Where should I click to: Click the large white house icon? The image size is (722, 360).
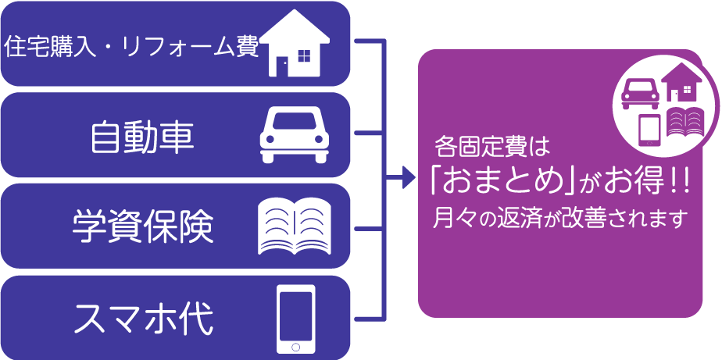tap(297, 45)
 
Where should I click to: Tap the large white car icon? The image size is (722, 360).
tap(295, 135)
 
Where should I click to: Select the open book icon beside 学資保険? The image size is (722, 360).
tap(295, 226)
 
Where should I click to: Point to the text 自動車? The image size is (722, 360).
tap(142, 137)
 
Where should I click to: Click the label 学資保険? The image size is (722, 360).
tap(143, 227)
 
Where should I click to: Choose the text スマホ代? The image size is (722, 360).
tap(143, 318)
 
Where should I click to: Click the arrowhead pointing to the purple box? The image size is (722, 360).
tap(408, 178)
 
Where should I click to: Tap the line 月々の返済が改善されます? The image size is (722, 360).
tap(559, 217)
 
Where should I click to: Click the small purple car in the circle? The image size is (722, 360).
tap(639, 93)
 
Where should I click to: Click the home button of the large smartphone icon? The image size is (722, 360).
tap(296, 346)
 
